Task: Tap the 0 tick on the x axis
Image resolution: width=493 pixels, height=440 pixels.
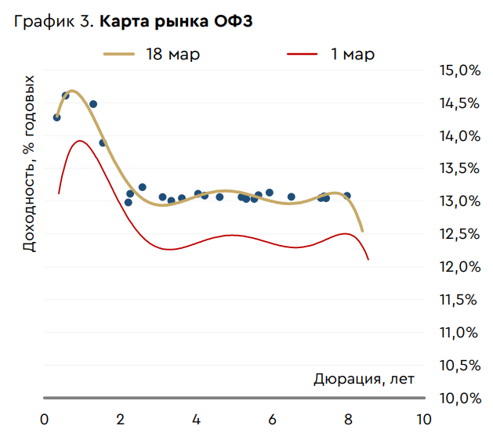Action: pos(44,419)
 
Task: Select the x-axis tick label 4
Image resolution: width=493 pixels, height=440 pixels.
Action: pos(196,419)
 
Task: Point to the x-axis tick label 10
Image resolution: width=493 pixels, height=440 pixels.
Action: pos(423,419)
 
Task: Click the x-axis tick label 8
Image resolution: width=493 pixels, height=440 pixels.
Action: pos(348,419)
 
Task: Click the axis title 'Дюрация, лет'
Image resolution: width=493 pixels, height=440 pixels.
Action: pos(364,380)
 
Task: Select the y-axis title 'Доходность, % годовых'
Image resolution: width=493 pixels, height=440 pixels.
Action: pos(29,163)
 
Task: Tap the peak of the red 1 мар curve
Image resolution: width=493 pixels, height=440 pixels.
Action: pos(79,141)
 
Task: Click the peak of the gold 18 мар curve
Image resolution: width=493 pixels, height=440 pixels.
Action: pos(71,91)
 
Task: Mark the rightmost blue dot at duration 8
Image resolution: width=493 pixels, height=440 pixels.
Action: pos(347,196)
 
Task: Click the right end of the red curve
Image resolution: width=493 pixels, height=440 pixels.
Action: pos(368,259)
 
